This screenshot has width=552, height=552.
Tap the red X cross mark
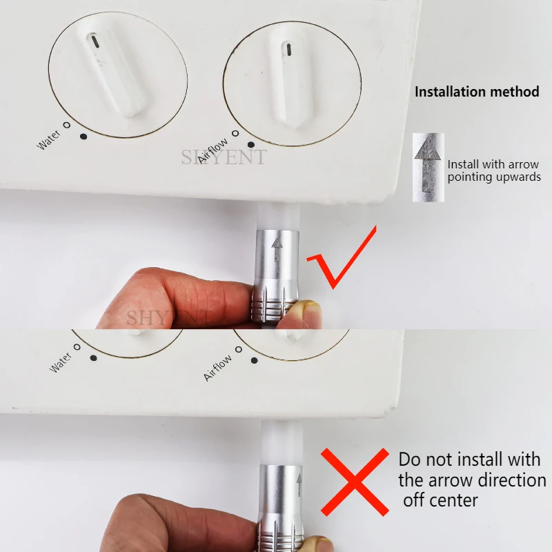[x=355, y=482]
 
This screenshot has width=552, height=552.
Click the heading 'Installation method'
[x=477, y=92]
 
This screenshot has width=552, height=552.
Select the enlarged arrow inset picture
[x=428, y=167]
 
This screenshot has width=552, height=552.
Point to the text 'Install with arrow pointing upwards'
[x=494, y=170]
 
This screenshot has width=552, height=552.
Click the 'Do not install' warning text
[x=472, y=480]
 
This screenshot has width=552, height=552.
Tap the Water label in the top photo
[x=48, y=140]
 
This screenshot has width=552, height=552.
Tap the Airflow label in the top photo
[x=213, y=150]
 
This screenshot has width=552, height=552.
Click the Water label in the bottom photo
[x=60, y=362]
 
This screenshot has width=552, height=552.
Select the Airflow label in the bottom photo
[x=217, y=368]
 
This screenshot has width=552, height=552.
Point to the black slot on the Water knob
[x=94, y=41]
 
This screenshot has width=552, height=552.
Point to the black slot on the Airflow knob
[x=288, y=50]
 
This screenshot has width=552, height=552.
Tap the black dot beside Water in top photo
[x=83, y=136]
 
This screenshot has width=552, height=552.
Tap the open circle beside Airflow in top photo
[x=235, y=133]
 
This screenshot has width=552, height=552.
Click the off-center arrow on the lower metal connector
[x=299, y=485]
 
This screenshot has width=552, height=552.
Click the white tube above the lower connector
[x=282, y=443]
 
